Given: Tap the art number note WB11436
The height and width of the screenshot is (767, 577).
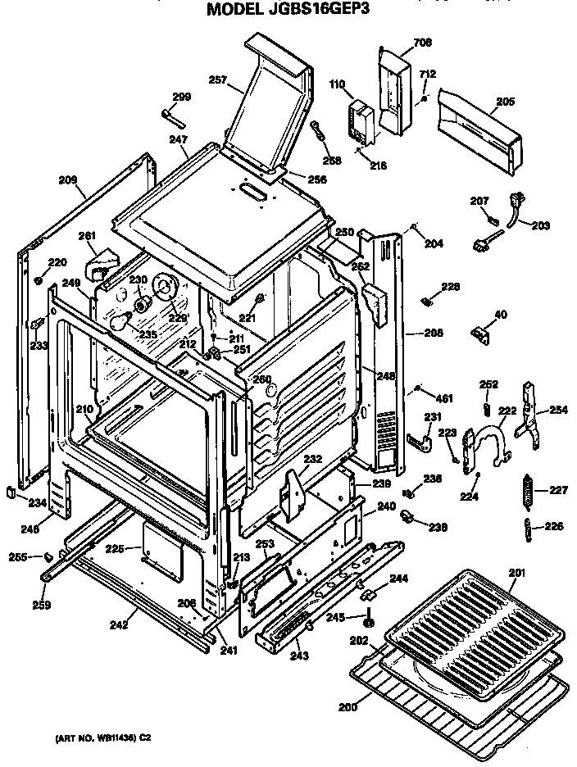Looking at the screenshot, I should (103, 737).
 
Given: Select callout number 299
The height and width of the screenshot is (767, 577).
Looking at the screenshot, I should (181, 97).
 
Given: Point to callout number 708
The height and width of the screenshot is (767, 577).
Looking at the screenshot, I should (422, 42).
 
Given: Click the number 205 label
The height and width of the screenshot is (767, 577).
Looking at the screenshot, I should (506, 102).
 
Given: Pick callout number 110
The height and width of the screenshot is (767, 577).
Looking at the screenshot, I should (337, 84).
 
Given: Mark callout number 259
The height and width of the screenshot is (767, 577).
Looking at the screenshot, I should (41, 606).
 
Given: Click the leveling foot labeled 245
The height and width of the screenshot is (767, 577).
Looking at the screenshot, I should (368, 623).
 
